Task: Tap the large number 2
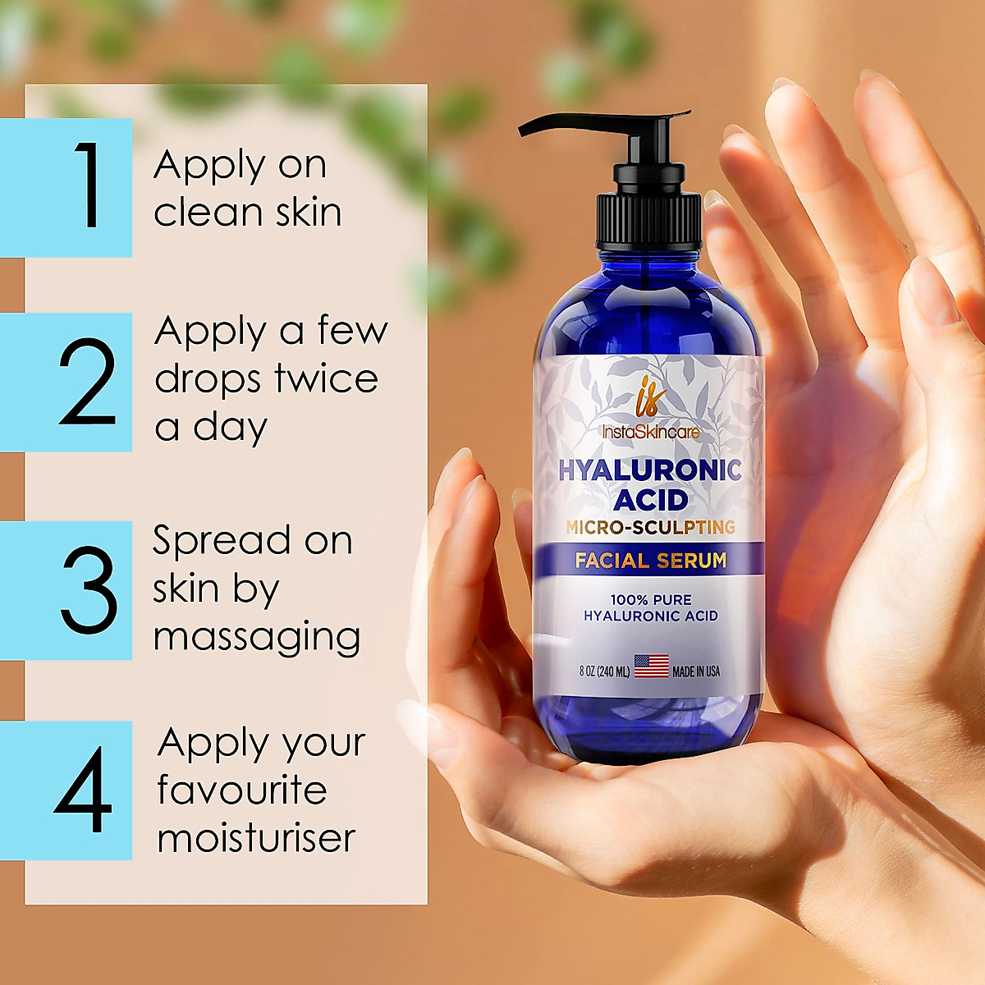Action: tap(87, 383)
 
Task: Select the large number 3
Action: tap(89, 589)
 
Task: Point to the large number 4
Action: tap(83, 790)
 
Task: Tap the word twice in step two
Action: tap(326, 378)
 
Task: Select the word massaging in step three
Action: tap(257, 637)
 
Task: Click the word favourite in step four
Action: tap(242, 790)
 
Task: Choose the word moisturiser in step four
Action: tap(256, 838)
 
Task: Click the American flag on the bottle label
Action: tap(652, 666)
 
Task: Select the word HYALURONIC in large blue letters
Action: tap(650, 470)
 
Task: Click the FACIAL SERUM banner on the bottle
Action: tap(650, 561)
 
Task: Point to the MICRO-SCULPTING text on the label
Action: tap(650, 528)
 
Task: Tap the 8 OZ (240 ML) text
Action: tap(604, 671)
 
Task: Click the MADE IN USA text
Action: tap(696, 671)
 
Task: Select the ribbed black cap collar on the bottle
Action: tap(648, 220)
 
